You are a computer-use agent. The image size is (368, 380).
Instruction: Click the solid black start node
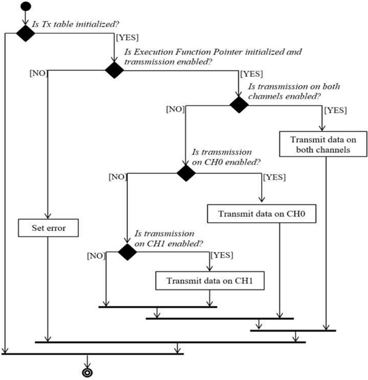(x=26, y=6)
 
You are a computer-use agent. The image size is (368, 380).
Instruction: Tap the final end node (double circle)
(x=87, y=373)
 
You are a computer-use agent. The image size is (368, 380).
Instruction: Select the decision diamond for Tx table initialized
(x=25, y=33)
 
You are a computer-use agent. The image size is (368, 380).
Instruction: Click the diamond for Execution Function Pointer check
(x=114, y=70)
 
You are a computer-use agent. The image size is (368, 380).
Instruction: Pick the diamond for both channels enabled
(x=239, y=105)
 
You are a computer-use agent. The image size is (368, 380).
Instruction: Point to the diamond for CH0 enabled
(x=186, y=173)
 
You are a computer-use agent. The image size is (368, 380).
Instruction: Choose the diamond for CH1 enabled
(x=127, y=252)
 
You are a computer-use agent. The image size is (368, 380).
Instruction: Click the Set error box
(x=48, y=228)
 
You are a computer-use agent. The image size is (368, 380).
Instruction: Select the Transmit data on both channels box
(x=323, y=144)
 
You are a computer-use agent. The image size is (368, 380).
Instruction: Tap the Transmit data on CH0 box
(x=262, y=213)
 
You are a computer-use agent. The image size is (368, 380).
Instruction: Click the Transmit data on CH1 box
(x=210, y=281)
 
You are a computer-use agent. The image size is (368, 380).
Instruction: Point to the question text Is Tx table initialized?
(x=76, y=24)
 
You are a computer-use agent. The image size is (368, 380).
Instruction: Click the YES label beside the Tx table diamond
(x=127, y=37)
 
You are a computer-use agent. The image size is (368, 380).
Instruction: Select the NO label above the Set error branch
(x=39, y=73)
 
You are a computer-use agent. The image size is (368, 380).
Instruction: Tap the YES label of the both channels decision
(x=336, y=110)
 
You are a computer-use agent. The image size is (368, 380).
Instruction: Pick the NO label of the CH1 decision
(x=97, y=256)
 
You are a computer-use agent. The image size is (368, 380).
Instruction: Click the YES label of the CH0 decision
(x=275, y=177)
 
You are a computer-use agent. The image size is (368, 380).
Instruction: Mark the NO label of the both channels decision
(x=175, y=109)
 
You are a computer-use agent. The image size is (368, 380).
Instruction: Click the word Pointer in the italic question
(x=228, y=52)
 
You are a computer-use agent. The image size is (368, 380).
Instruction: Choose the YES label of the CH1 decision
(x=222, y=255)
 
